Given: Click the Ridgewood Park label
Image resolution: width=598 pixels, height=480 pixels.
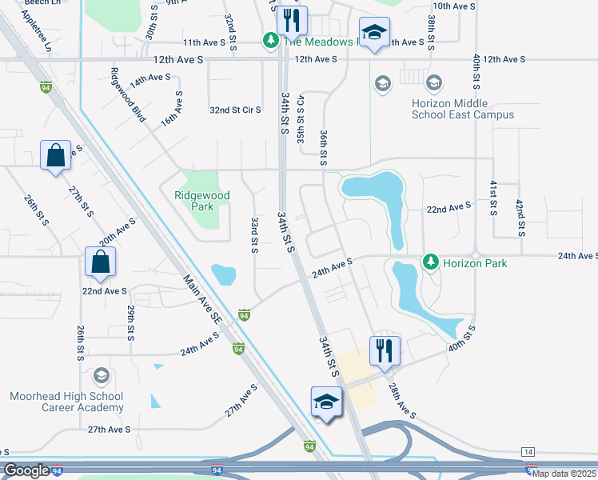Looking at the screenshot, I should point(202,201).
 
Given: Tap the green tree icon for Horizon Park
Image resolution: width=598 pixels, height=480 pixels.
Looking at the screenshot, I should point(431,262).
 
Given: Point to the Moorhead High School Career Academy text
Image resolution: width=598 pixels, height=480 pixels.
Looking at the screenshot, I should point(66,402).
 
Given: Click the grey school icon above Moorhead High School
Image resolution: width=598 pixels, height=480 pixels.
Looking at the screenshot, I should point(101,376).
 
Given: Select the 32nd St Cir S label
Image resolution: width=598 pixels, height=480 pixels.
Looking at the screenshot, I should point(235,110).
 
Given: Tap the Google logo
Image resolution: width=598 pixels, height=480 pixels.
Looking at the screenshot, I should point(26,470).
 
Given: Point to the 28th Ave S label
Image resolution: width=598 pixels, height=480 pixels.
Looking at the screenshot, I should point(401,400).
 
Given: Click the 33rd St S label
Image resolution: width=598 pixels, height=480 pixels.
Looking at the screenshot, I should point(254,234).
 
